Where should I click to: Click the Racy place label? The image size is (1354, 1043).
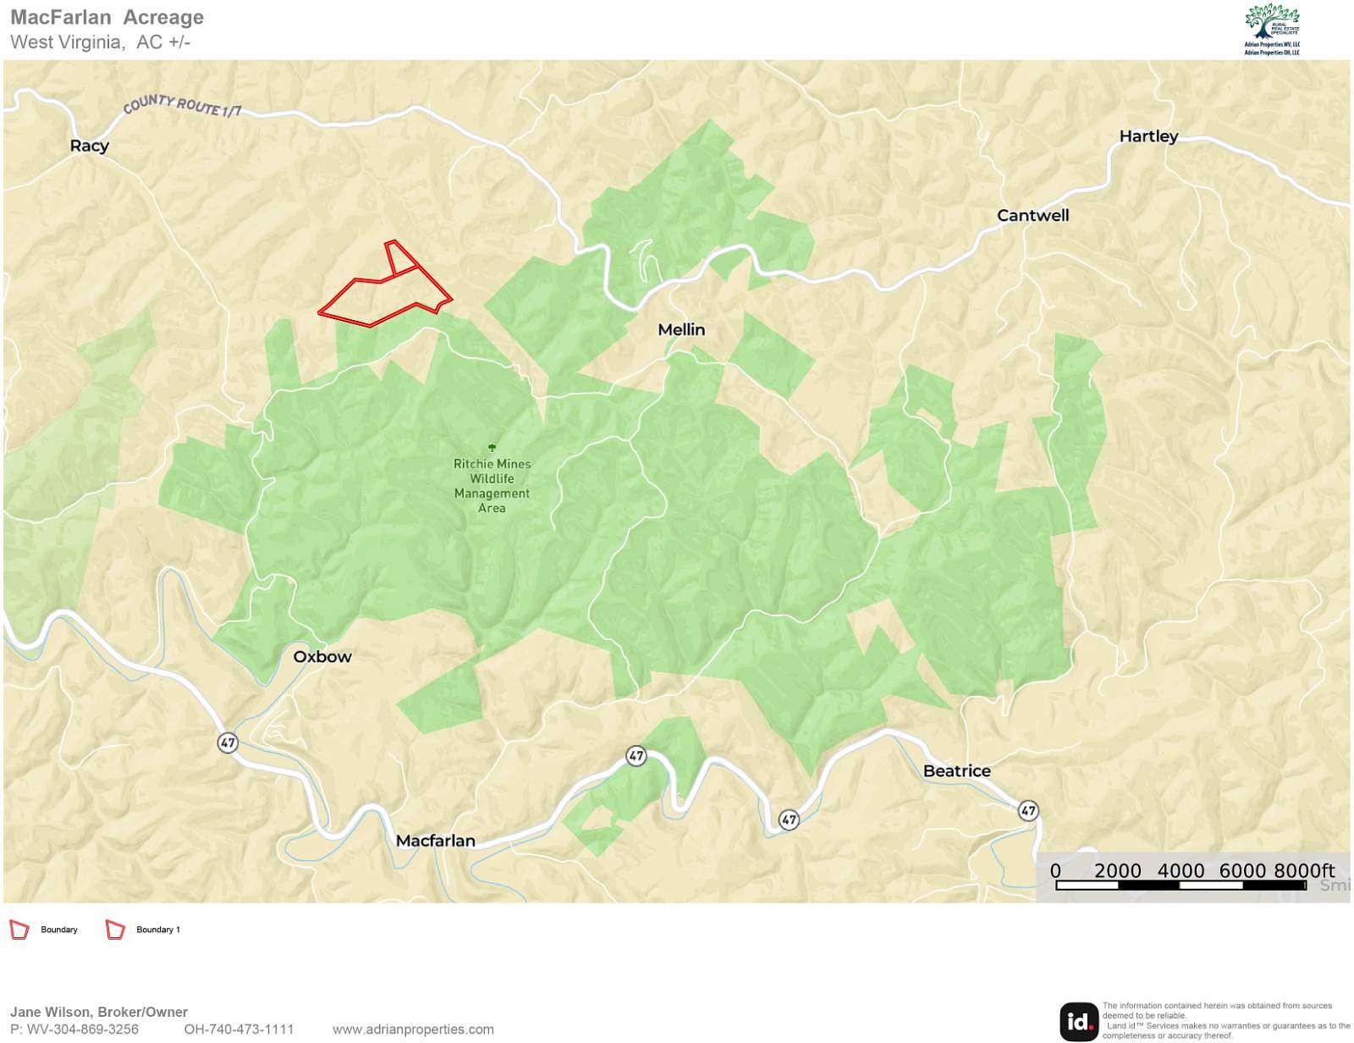(89, 146)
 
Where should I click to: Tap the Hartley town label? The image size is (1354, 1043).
(1148, 136)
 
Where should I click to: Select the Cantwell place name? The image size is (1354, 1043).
(1032, 215)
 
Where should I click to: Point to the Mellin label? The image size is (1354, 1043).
(681, 329)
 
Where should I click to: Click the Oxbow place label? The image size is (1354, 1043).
(322, 656)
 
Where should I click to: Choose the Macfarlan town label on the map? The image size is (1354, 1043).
(435, 841)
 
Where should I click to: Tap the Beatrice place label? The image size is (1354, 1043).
(956, 770)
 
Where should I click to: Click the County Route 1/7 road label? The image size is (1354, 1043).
(182, 106)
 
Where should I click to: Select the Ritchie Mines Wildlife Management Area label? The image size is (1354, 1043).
(492, 485)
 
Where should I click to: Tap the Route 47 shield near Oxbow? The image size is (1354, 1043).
(228, 742)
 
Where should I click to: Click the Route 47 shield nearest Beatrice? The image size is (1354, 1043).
(1027, 810)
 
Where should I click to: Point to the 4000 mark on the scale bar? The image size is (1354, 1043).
(1180, 871)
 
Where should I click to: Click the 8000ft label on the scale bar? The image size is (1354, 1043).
(1303, 871)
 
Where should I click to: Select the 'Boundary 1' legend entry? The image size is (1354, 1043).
(157, 930)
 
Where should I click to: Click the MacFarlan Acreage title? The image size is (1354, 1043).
(107, 17)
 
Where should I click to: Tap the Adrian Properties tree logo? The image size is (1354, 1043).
(1271, 24)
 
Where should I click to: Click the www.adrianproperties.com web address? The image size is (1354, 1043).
(413, 1029)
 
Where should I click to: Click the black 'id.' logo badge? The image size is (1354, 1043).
(1078, 1021)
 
